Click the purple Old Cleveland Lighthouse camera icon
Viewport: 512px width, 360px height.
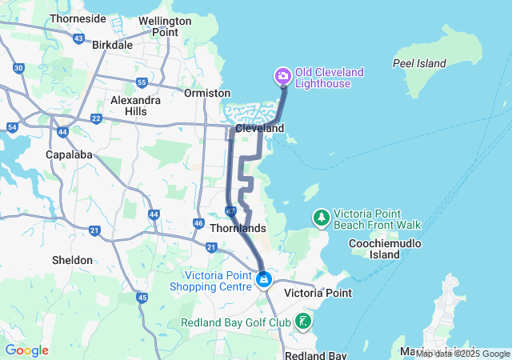coord(282,77)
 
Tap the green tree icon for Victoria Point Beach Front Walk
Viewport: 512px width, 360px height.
coord(321,218)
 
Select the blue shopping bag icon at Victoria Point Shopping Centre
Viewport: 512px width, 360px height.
coord(263,280)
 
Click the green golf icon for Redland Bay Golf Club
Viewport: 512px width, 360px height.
coord(303,322)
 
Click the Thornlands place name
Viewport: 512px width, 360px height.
coord(237,228)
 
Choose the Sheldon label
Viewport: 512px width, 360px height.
coord(71,260)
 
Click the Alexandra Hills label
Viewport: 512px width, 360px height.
coord(135,106)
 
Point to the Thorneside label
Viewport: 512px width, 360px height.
coord(78,18)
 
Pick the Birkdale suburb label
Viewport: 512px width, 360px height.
coord(112,45)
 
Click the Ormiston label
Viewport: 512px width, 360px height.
coord(206,93)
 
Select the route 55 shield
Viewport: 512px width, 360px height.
coord(141,82)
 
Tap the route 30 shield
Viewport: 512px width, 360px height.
coord(18,69)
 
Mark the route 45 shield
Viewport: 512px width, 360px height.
coord(142,298)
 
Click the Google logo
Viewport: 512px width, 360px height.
coord(26,350)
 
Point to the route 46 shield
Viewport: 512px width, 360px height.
coord(198,223)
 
